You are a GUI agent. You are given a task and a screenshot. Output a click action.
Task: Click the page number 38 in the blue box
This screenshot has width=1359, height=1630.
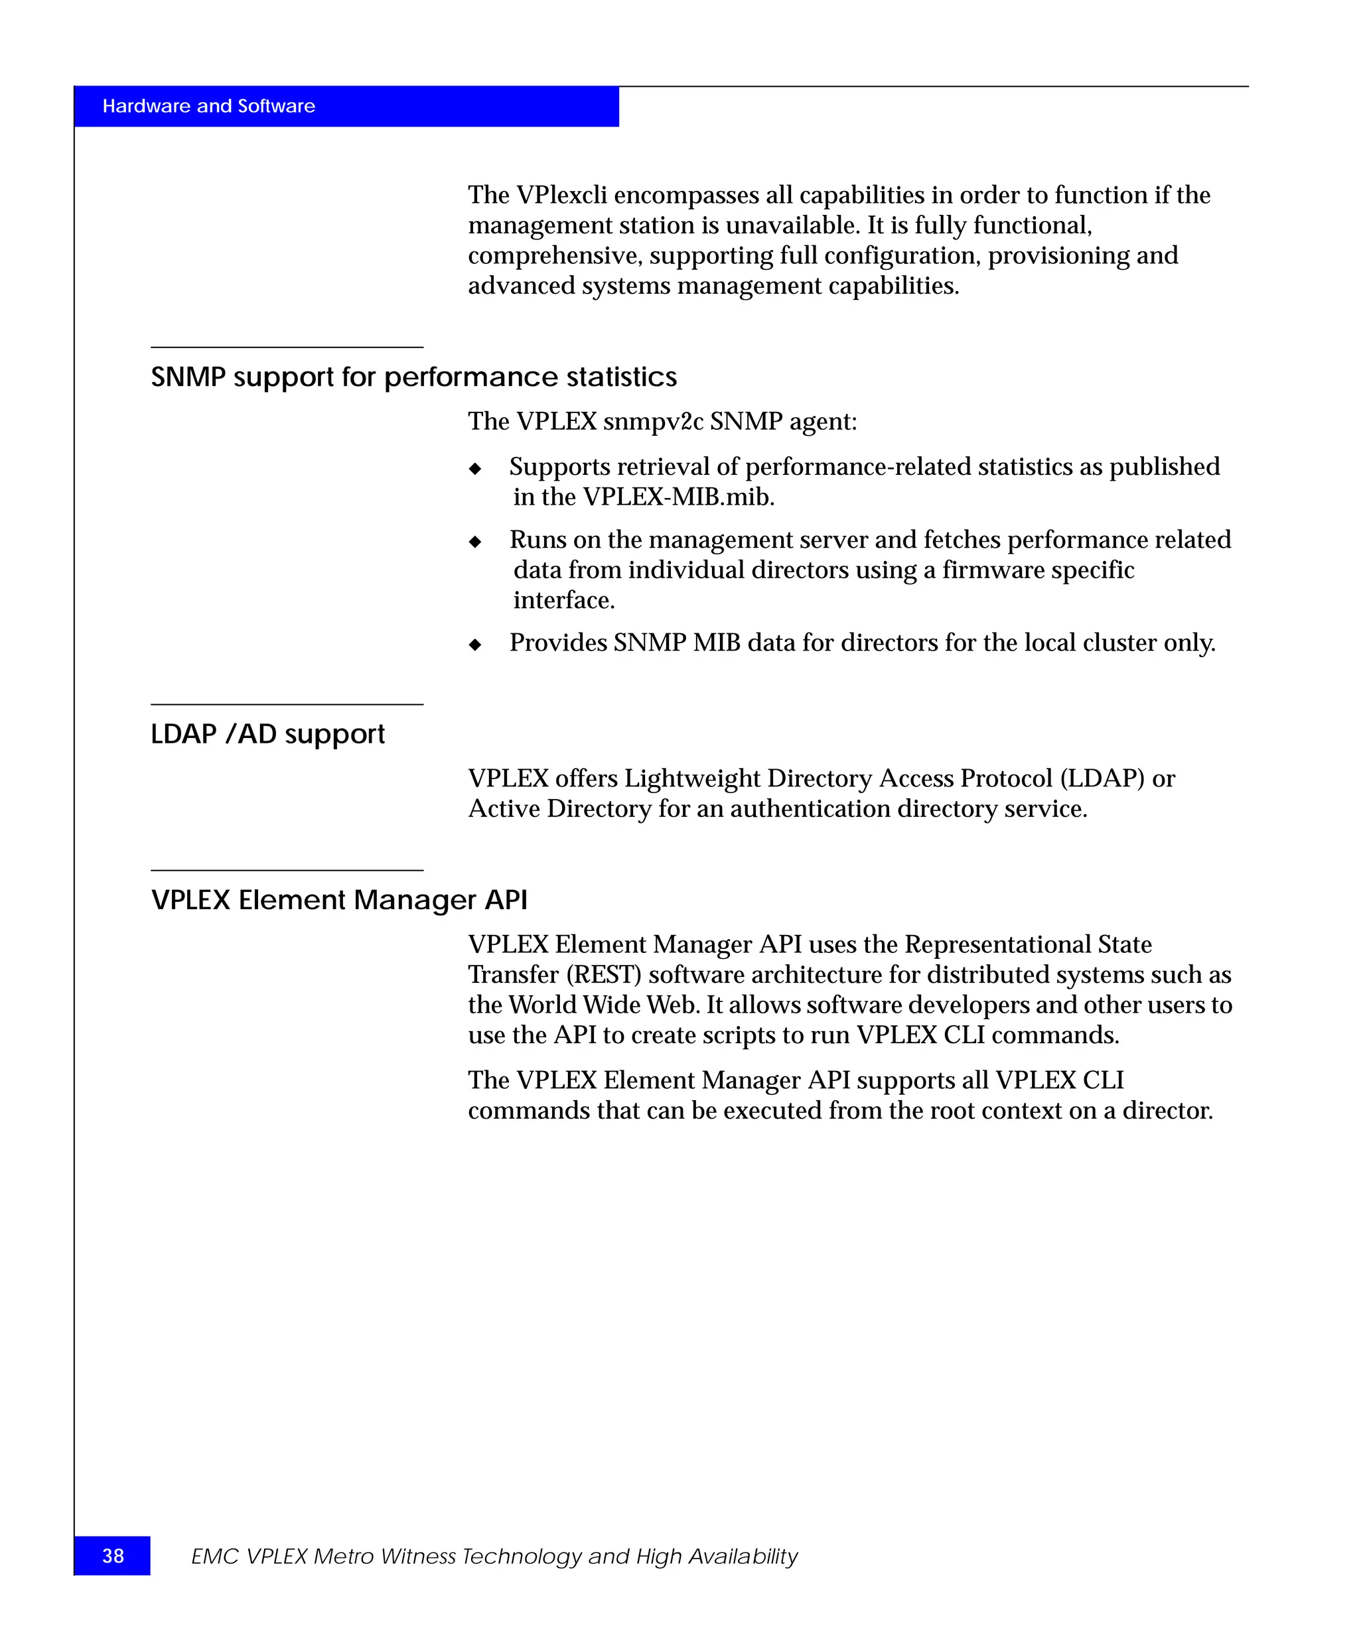tap(113, 1556)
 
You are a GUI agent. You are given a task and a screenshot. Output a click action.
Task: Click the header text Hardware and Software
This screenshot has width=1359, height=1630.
tap(208, 106)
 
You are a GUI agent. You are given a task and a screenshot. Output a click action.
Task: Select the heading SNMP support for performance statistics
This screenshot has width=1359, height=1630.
tap(413, 377)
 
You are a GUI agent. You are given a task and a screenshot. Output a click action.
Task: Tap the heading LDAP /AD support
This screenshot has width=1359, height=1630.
tap(267, 734)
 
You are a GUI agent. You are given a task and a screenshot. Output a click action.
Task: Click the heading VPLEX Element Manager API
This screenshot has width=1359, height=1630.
tap(338, 900)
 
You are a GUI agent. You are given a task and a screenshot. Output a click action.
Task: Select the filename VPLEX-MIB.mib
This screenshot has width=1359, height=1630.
tap(678, 497)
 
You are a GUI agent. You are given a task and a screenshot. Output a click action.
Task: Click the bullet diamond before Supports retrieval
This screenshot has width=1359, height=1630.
tap(475, 469)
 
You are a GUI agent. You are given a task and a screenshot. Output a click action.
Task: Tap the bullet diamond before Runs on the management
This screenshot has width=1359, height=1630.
tap(475, 542)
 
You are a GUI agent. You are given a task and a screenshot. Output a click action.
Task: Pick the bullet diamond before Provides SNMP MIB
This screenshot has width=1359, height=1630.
tap(475, 644)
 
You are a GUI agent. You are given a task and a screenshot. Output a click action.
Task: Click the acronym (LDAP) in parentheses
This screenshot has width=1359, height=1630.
tap(1102, 779)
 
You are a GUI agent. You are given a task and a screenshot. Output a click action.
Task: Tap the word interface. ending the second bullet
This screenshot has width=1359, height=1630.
tap(564, 601)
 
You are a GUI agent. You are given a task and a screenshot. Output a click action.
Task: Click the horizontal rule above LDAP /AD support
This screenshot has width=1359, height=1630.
tap(287, 704)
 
